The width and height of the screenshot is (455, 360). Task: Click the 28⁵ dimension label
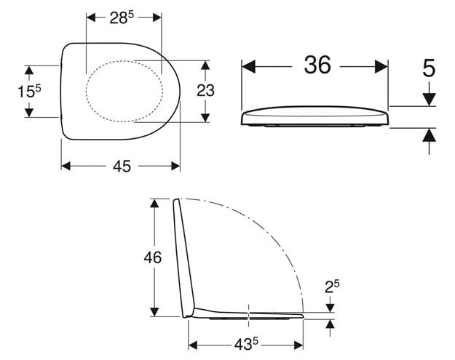tap(122, 18)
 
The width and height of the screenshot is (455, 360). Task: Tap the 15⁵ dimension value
tap(29, 92)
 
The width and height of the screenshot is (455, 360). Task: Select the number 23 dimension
tap(206, 90)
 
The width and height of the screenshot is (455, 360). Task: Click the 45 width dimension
tap(122, 167)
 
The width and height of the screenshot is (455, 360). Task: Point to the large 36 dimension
tap(317, 65)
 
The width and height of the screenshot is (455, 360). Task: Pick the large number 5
tap(429, 68)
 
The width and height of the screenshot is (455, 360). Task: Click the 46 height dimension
tap(153, 257)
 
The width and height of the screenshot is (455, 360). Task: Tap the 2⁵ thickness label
tap(332, 287)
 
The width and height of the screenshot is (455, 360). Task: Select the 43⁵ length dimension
tap(246, 345)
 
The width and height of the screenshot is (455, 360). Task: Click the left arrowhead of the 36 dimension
tap(248, 67)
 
